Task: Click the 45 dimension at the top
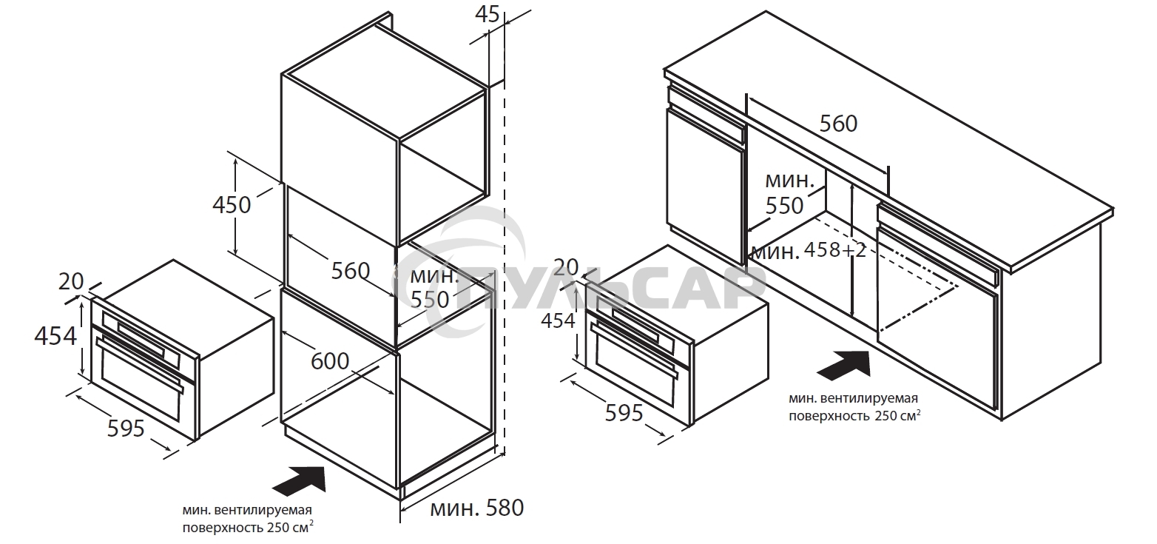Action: (488, 14)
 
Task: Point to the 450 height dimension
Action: (232, 205)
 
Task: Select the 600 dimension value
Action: (330, 361)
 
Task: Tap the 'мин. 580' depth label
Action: (476, 508)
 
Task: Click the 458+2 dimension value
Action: (834, 250)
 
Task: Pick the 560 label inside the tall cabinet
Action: (350, 271)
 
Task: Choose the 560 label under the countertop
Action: (838, 124)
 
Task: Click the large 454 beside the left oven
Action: (55, 336)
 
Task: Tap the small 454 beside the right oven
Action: (558, 320)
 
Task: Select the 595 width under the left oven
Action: (126, 429)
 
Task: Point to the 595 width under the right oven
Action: (624, 413)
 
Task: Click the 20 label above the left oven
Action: (71, 281)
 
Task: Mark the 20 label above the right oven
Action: (566, 267)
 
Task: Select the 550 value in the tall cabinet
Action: (430, 300)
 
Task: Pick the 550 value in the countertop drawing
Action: (784, 206)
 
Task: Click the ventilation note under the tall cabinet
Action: (248, 519)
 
